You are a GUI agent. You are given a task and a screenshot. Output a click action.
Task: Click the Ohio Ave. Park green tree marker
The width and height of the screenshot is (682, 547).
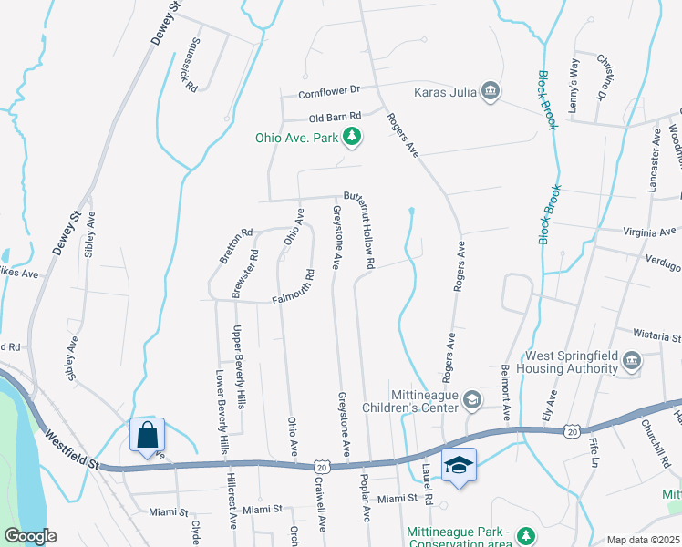coord(352,139)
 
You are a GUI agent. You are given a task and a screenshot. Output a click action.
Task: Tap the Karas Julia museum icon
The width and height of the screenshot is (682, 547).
coord(491,91)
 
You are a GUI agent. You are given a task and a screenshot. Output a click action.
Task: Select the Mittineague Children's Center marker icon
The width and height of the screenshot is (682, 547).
coord(472,398)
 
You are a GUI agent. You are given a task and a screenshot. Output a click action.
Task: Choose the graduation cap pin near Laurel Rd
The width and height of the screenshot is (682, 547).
coord(458,466)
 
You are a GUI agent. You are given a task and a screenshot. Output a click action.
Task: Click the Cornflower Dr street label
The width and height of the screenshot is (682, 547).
coord(330,92)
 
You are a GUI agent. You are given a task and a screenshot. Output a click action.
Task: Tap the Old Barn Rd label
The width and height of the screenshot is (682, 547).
coord(335,117)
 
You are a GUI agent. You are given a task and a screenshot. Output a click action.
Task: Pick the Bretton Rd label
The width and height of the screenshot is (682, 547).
coord(234,246)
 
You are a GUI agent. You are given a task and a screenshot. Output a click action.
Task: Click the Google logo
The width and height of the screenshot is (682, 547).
coord(30,537)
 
